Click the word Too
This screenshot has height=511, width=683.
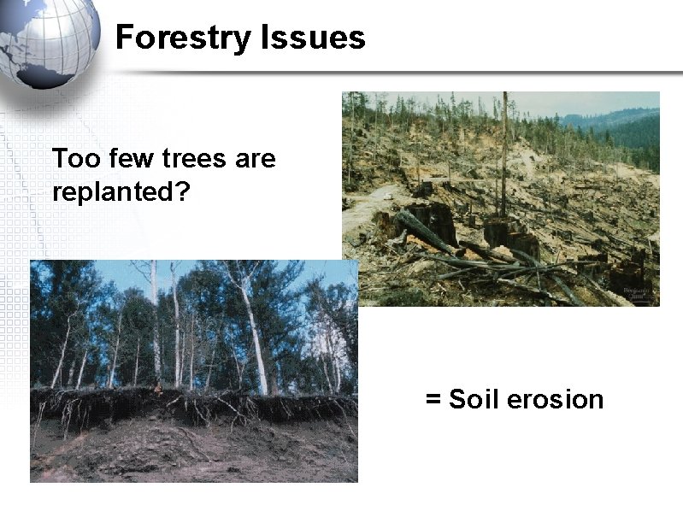[72, 159]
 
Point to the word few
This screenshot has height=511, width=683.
[123, 159]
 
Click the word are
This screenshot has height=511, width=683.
[254, 159]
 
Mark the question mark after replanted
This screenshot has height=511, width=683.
[181, 191]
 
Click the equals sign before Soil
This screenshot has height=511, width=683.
[433, 400]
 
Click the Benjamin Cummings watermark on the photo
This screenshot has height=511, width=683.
[637, 294]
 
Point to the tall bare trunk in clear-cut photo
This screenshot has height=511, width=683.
[504, 154]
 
